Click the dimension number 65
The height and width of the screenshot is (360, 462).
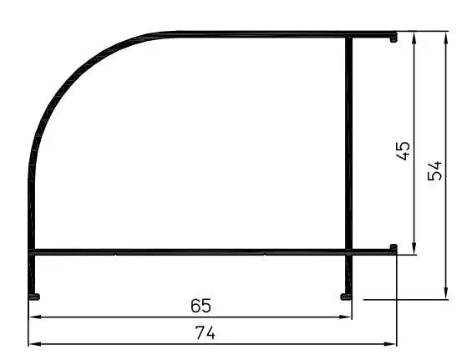coord(201,306)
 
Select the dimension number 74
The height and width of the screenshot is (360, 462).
coord(206,333)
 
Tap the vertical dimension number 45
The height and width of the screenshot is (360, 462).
coord(403,151)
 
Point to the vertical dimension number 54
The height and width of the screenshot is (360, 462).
coord(435,170)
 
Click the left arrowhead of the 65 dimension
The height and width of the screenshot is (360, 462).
coord(35,317)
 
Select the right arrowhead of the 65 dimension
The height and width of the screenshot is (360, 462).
coord(345,317)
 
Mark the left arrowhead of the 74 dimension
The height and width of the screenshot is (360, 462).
coord(35,344)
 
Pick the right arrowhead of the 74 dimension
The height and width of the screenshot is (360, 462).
coord(389,344)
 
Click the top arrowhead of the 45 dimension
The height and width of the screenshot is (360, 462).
coord(414,38)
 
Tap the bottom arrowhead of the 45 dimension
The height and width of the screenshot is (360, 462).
coord(414,248)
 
